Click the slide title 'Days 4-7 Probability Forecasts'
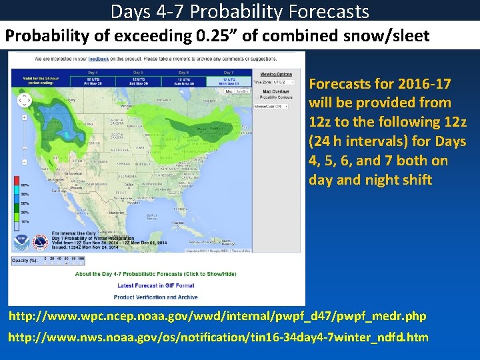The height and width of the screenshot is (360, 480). click(239, 11)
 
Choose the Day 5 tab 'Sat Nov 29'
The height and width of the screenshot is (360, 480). click(137, 81)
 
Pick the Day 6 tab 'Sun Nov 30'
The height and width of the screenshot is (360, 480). click(183, 81)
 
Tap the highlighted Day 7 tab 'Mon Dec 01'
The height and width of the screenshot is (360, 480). click(228, 81)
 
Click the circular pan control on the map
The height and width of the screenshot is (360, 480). click(25, 101)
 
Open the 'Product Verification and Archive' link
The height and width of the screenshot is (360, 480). click(156, 297)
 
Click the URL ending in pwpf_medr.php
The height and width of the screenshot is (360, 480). click(217, 315)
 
